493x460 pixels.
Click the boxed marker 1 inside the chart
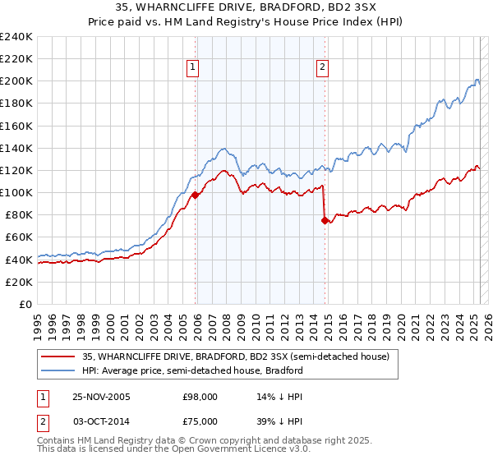(191, 68)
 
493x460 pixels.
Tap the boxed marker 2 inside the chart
(322, 68)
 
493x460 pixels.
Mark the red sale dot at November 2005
(196, 195)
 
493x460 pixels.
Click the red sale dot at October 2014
(325, 220)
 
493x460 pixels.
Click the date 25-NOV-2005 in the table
(101, 397)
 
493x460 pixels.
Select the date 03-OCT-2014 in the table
(101, 421)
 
